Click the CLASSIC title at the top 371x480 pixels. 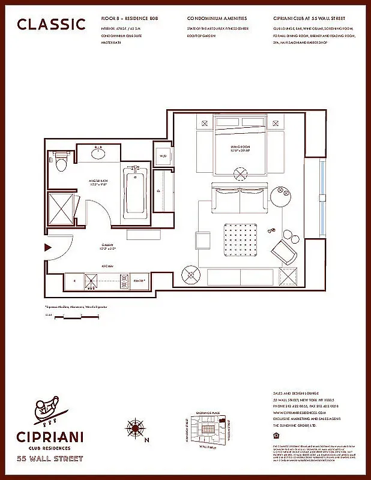(51, 24)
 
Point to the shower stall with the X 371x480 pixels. (61, 208)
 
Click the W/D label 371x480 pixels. (162, 157)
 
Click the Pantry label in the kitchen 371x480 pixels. (139, 279)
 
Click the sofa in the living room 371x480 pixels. (239, 199)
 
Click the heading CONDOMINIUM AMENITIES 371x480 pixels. (217, 19)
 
